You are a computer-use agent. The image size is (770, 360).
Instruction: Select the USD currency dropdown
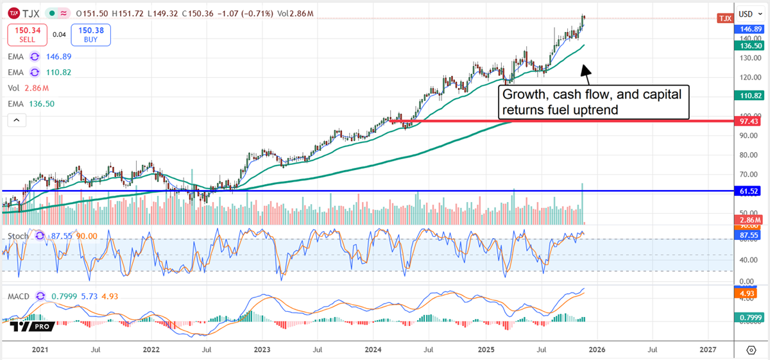tap(748, 13)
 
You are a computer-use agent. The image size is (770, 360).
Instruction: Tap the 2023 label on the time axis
tap(262, 350)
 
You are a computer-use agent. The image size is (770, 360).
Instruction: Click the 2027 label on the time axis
tap(707, 350)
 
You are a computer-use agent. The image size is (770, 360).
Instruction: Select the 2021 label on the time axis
tap(40, 350)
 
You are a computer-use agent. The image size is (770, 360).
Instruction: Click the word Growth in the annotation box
tap(526, 94)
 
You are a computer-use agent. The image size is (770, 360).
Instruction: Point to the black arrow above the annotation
tap(586, 71)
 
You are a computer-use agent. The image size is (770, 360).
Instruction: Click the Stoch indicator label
tap(18, 236)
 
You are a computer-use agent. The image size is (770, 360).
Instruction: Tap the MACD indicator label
tap(19, 296)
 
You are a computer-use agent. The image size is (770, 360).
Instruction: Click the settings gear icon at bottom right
tap(751, 350)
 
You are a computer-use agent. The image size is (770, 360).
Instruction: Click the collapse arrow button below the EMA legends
tap(17, 120)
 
